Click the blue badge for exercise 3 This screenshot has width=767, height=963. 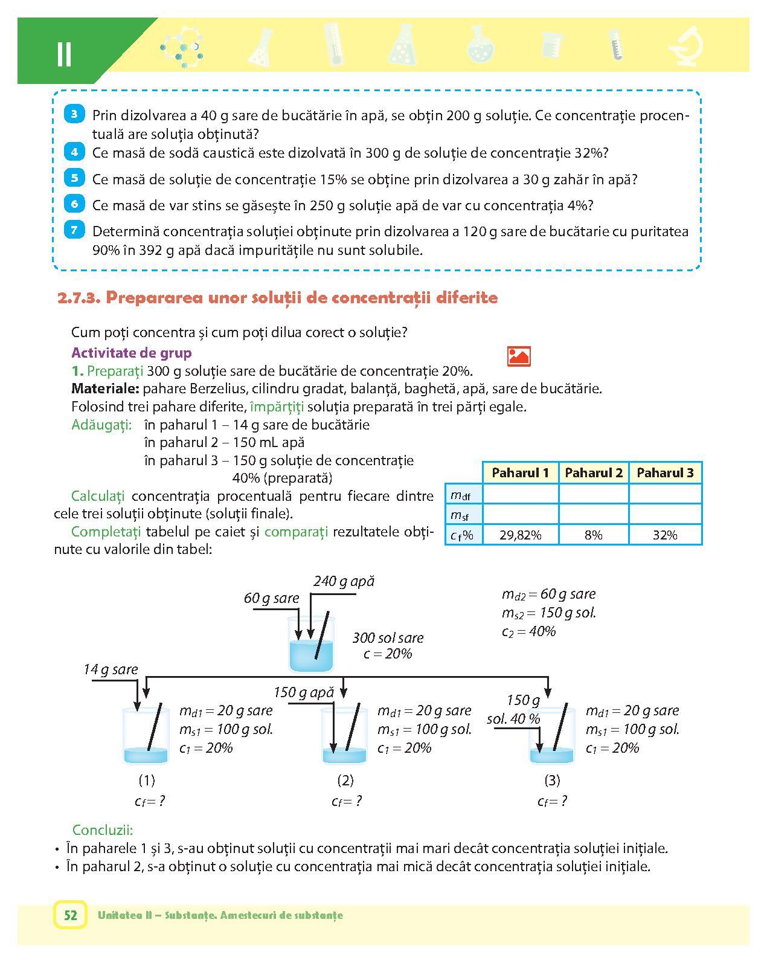74,114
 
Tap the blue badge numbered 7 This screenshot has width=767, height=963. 74,230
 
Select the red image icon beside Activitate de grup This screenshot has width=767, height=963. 519,356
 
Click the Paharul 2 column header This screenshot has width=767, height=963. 593,472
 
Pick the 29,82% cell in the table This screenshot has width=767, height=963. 520,535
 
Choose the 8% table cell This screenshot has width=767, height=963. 593,535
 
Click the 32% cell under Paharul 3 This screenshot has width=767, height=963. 665,535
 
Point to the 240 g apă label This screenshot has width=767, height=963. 344,581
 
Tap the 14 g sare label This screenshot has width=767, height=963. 111,669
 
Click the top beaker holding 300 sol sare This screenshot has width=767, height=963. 311,646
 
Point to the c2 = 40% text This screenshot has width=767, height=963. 528,631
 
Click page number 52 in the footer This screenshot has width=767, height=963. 71,915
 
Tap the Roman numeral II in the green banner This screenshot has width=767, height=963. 64,54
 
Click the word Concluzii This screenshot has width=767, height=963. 103,829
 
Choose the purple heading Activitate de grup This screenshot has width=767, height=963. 131,353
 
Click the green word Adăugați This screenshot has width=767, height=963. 101,425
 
